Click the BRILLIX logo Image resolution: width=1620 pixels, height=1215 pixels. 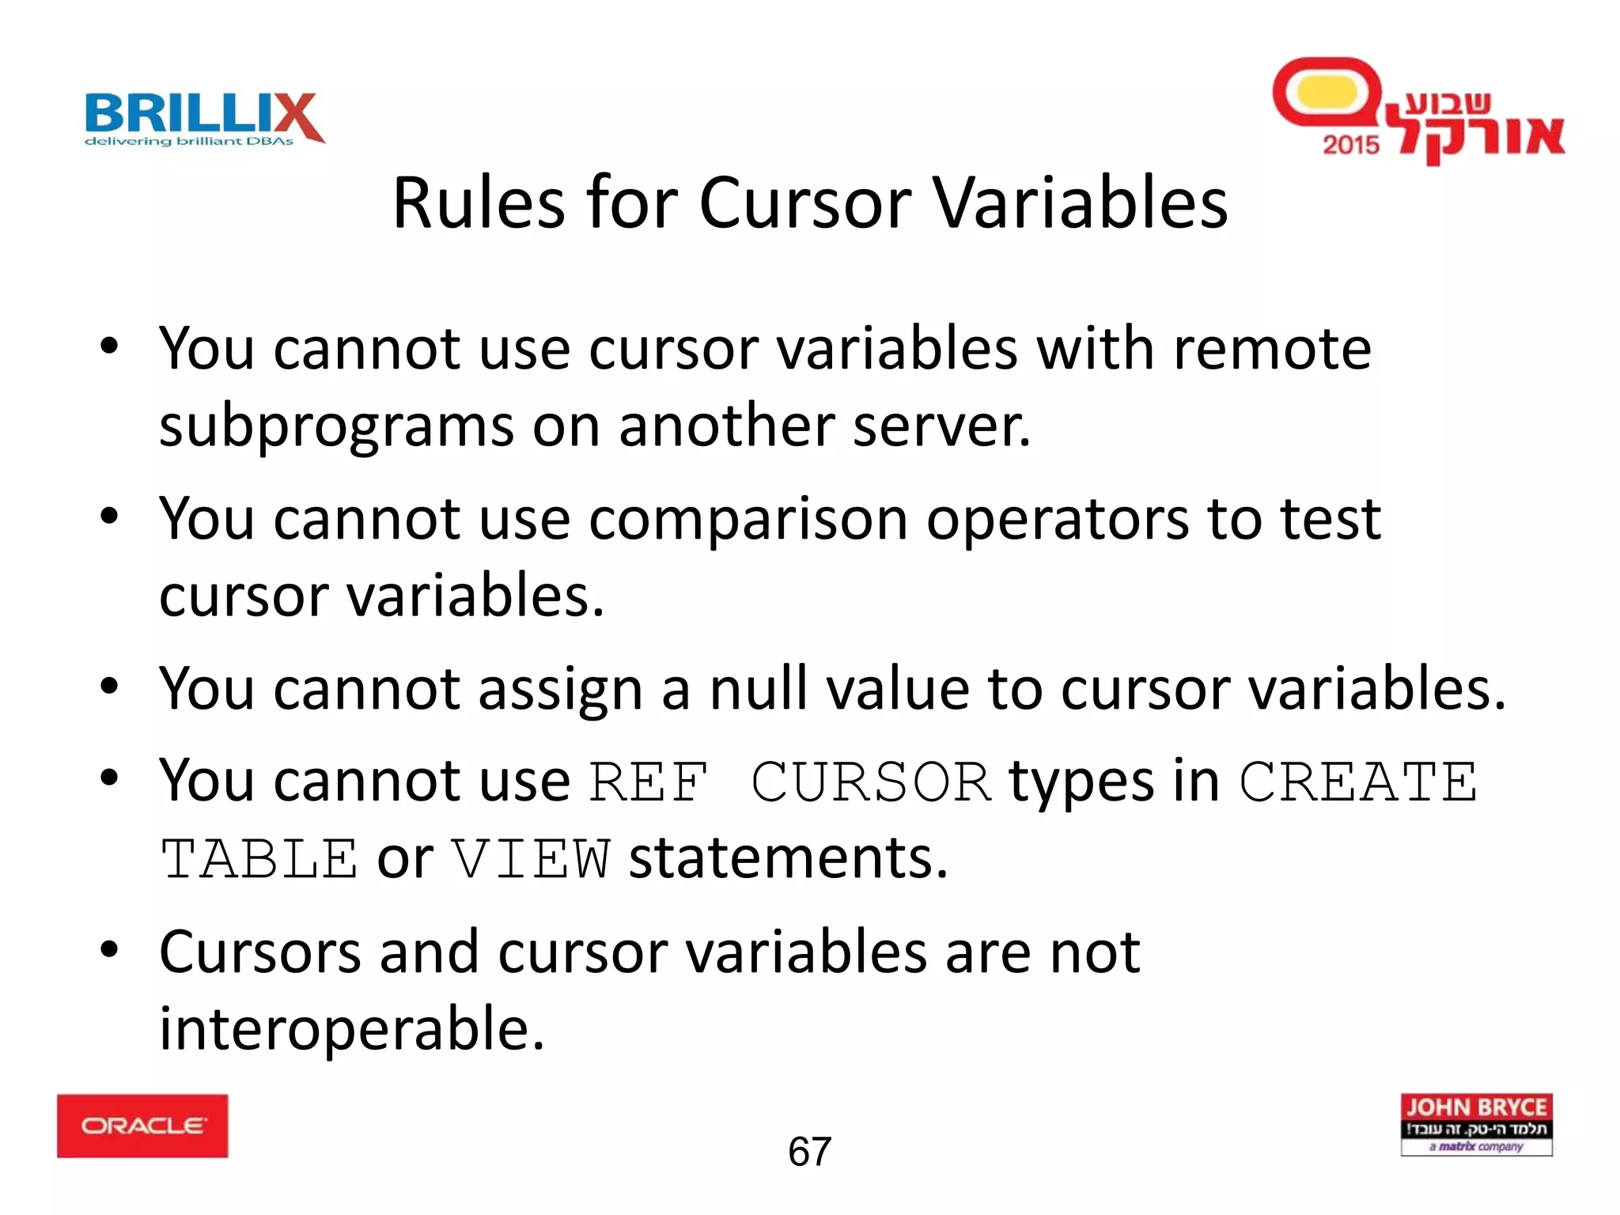click(x=204, y=119)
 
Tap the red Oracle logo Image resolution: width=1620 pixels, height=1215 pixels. click(x=142, y=1126)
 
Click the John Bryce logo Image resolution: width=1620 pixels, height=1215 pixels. click(x=1476, y=1124)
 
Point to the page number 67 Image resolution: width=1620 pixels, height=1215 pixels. click(x=809, y=1152)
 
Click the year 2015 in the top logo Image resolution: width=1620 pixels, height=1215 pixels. click(x=1350, y=145)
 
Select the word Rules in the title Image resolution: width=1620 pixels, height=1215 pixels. click(x=478, y=203)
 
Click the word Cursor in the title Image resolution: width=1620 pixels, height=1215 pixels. click(x=805, y=203)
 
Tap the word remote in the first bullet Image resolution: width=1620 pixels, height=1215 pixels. click(x=1272, y=349)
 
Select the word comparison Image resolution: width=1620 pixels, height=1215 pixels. click(x=748, y=520)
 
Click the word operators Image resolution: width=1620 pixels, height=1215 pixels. click(x=1057, y=520)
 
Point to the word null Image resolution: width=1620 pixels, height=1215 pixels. click(x=759, y=689)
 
